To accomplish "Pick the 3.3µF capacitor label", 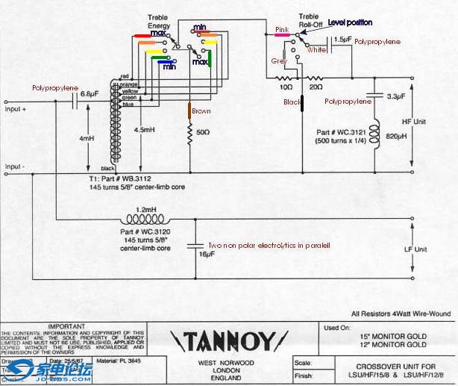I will click(395, 96).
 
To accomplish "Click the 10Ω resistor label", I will click(285, 87).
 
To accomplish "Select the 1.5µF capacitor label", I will click(342, 39).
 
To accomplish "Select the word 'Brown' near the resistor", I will click(201, 111).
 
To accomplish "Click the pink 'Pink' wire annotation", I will click(281, 30).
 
